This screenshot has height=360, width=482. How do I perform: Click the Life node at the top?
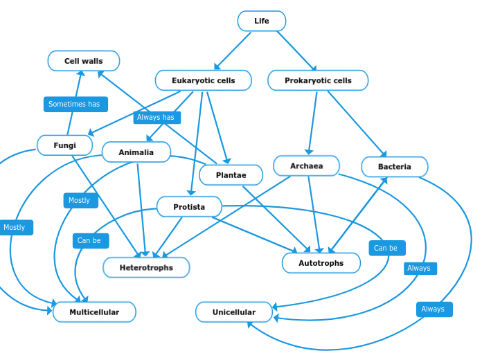pos(261,21)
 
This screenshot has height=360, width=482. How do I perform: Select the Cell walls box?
pos(84,61)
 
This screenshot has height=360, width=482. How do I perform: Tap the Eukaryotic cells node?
pos(203,80)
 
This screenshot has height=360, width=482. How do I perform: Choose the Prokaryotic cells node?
pos(318,80)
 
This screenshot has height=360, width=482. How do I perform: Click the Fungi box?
pos(64,145)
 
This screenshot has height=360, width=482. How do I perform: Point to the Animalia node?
pos(136,152)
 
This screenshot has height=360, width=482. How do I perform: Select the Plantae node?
pos(231,175)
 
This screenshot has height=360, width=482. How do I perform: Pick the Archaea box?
pos(306,166)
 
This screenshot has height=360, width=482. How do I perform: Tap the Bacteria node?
pos(394,167)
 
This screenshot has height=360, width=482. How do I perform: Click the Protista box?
pos(189,207)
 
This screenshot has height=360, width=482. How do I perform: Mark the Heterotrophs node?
pos(146,267)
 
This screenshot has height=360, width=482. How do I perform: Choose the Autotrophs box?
pos(321,263)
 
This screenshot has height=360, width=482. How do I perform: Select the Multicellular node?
pos(94,312)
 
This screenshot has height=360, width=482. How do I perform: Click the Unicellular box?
pos(233,312)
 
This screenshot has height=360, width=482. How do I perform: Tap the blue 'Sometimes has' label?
pos(75,105)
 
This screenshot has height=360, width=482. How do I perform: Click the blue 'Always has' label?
pos(157,118)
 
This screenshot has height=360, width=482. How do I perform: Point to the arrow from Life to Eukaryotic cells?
pos(233,51)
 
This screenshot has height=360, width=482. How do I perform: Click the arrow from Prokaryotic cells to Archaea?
pos(313,122)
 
